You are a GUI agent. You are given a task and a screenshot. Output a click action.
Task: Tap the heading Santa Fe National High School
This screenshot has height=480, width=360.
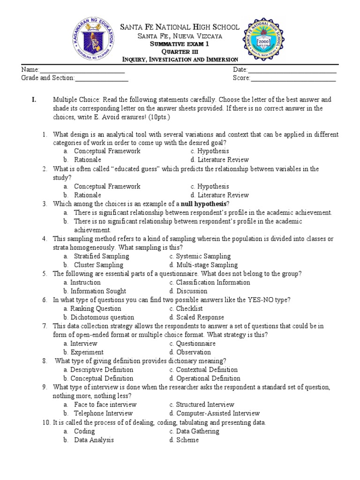(x=180, y=27)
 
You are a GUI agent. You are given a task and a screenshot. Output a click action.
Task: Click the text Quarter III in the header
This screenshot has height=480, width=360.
(x=180, y=51)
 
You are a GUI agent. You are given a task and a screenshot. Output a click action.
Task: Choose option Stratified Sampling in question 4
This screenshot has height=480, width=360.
(x=101, y=256)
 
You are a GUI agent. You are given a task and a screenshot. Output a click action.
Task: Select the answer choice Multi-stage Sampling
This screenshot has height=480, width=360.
(x=207, y=265)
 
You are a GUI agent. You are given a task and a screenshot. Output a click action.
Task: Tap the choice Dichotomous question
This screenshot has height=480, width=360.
(x=102, y=317)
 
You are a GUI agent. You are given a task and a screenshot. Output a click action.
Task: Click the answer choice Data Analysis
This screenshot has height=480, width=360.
(x=94, y=440)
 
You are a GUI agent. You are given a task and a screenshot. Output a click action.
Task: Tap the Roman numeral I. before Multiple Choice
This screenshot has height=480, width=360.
(x=34, y=100)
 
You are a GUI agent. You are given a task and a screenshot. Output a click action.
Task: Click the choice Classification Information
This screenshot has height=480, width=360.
(x=213, y=283)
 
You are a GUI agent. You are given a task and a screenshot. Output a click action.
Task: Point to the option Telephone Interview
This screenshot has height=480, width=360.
(x=103, y=413)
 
